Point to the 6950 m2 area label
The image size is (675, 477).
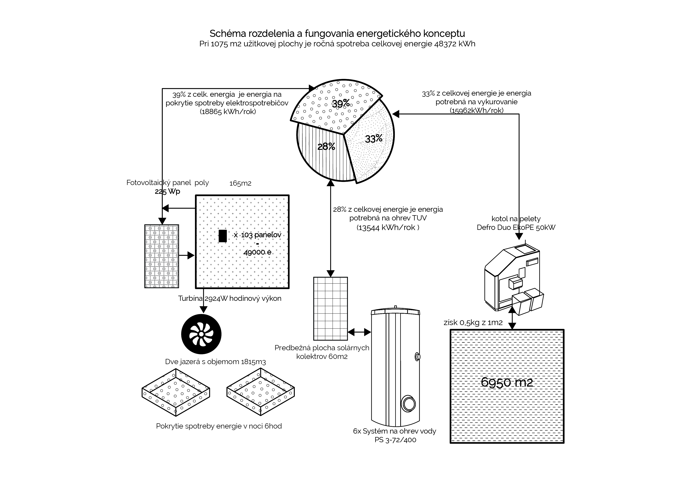pyautogui.click(x=507, y=382)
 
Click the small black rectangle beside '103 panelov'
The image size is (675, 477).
pyautogui.click(x=223, y=236)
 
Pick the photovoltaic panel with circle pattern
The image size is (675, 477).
pyautogui.click(x=162, y=256)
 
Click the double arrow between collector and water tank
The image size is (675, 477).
pyautogui.click(x=359, y=332)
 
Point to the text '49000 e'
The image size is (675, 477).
pyautogui.click(x=257, y=252)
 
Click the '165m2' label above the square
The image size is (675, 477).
pyautogui.click(x=240, y=183)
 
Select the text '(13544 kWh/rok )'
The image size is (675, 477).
pyautogui.click(x=388, y=228)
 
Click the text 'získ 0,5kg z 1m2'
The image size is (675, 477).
pyautogui.click(x=473, y=322)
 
